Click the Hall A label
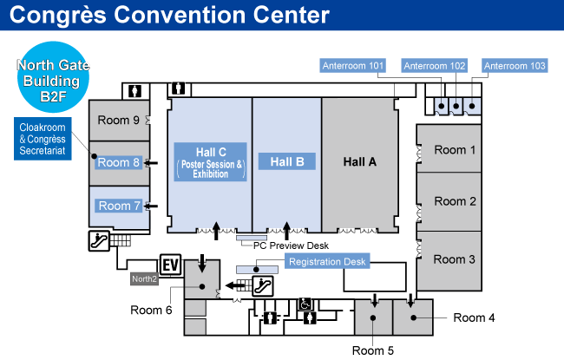361,161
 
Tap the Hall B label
286,161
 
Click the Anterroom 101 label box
353,65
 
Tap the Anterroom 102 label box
435,65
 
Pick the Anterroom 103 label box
515,65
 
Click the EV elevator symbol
170,264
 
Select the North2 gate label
144,279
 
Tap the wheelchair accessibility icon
305,304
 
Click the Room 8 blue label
119,162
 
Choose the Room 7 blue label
119,206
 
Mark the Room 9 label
119,120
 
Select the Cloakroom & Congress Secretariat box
43,139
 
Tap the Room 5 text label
373,350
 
